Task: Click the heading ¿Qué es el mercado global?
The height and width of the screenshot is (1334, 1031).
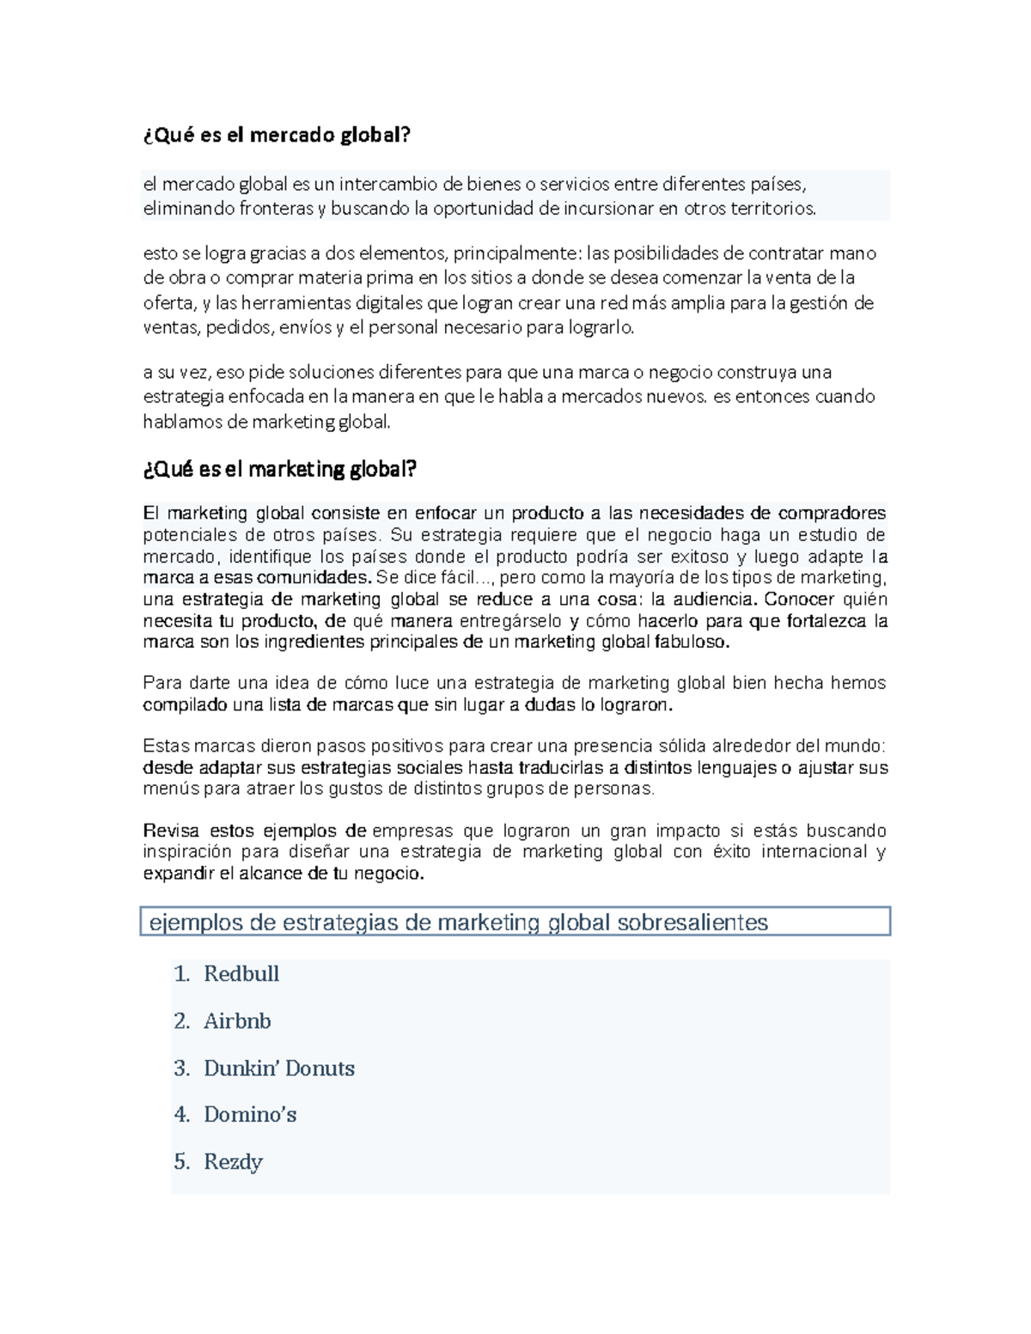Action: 277,135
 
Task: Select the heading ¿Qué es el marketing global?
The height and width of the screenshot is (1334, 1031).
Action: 279,469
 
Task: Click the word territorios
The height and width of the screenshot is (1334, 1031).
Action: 773,209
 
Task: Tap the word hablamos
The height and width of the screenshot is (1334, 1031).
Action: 181,422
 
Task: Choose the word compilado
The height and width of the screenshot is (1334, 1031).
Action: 185,705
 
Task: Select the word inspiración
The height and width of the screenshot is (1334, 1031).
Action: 187,852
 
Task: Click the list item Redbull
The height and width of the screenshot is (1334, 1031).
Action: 241,974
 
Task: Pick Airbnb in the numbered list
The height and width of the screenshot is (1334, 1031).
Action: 237,1021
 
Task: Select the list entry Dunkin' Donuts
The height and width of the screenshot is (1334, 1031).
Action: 279,1069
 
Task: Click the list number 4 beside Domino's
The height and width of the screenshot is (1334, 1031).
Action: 180,1115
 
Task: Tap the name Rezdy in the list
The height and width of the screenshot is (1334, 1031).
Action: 233,1162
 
